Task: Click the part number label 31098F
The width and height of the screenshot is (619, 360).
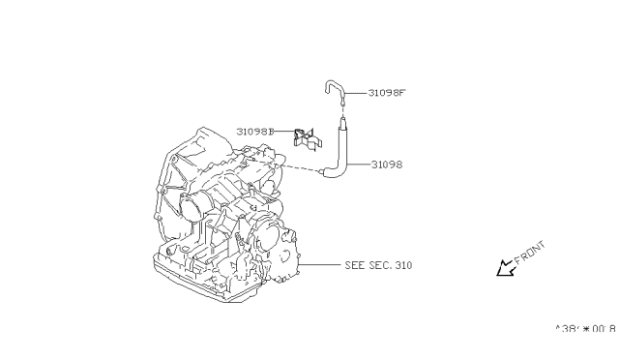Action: pos(385,94)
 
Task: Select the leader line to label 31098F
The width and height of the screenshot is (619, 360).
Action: pos(358,94)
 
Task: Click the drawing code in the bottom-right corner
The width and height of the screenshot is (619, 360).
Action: pos(585,329)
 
